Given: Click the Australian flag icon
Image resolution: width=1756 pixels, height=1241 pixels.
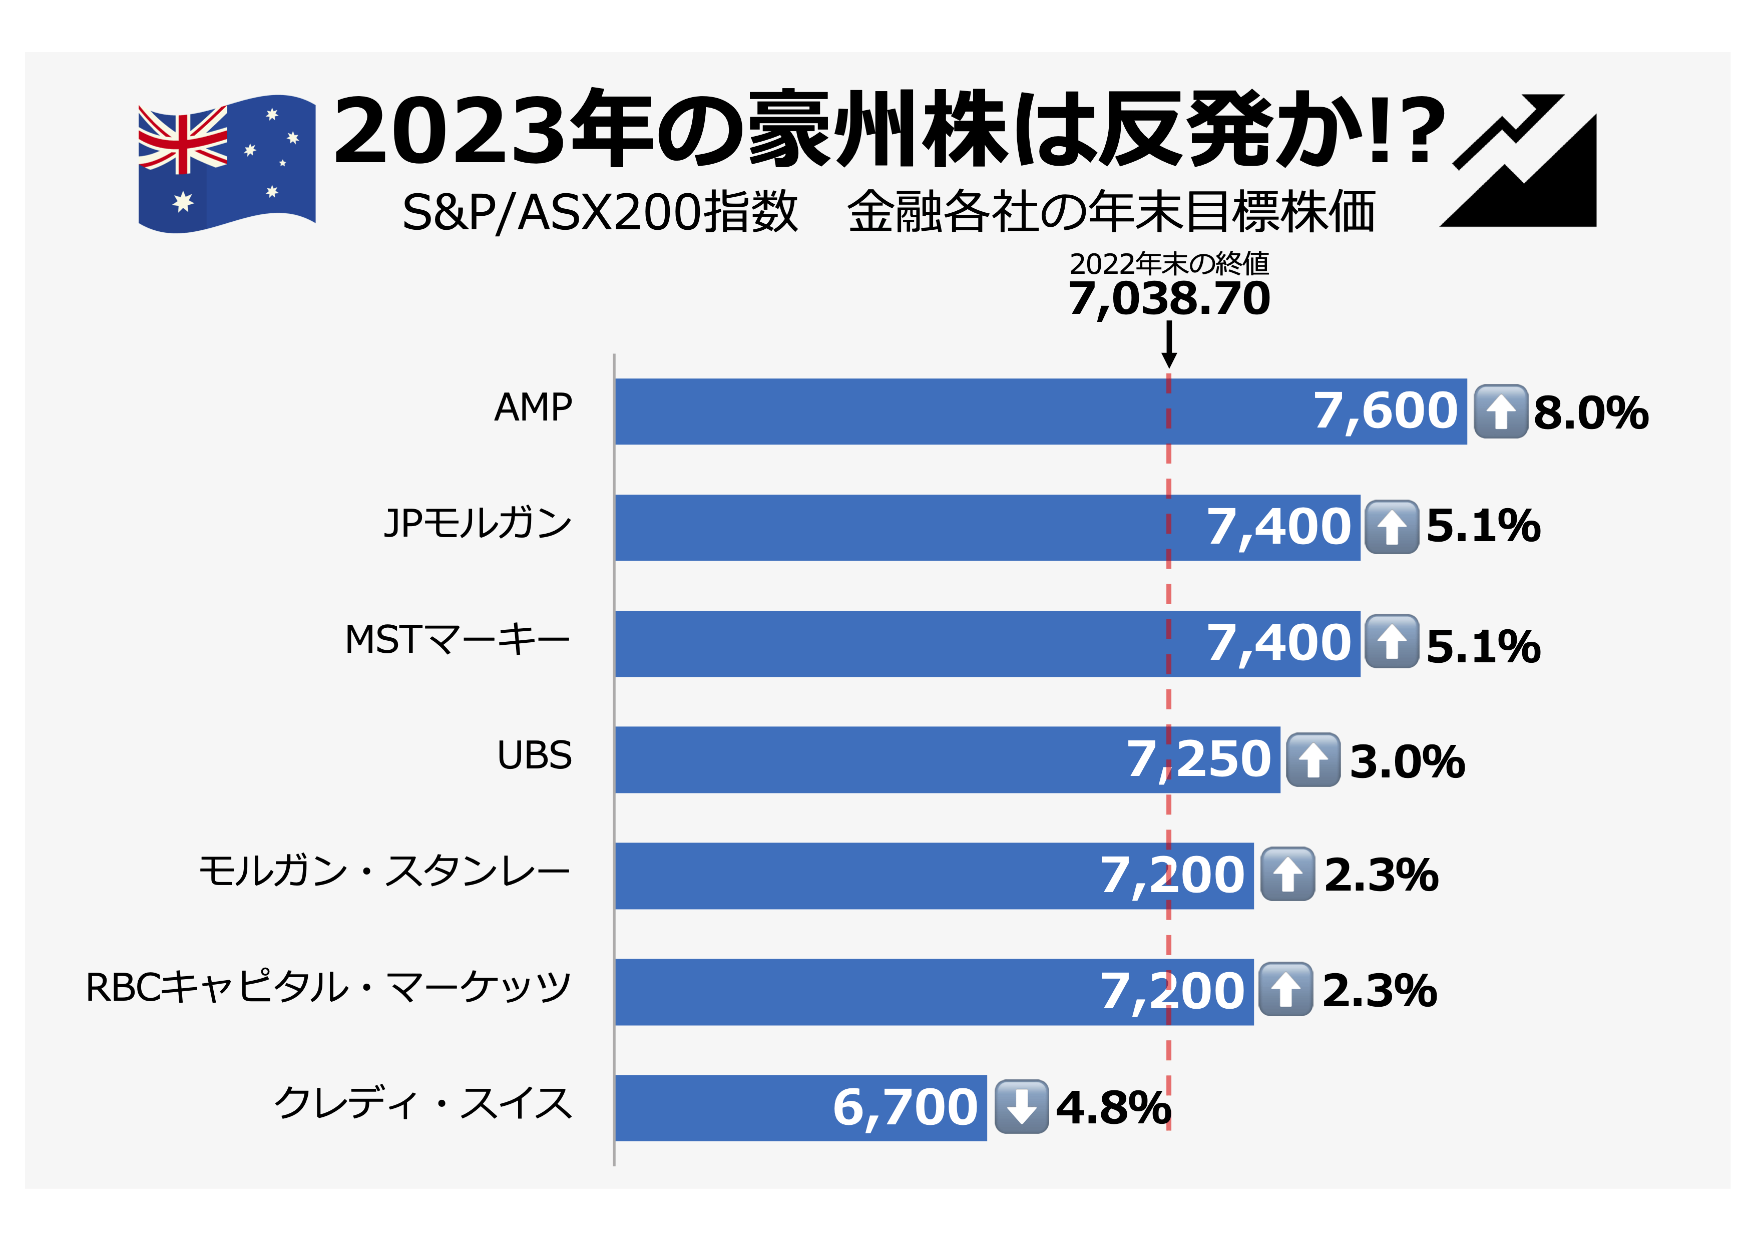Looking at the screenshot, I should click(x=226, y=164).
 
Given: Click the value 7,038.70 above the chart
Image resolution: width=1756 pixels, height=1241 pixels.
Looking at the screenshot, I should click(x=1169, y=299).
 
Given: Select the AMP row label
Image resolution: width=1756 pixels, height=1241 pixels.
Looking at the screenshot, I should click(x=533, y=407).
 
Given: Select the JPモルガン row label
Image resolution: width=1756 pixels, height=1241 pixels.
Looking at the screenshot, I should click(x=478, y=524).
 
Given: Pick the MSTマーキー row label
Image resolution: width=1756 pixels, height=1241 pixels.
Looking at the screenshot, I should click(x=458, y=640).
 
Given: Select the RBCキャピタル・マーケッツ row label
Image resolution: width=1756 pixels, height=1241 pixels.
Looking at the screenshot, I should click(x=328, y=988).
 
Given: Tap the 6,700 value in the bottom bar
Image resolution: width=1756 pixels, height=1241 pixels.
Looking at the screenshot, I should click(x=905, y=1107).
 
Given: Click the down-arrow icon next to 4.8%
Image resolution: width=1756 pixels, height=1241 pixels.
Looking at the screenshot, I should click(x=1021, y=1106).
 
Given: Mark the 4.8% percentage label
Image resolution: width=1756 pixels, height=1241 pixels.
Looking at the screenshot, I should click(x=1113, y=1108).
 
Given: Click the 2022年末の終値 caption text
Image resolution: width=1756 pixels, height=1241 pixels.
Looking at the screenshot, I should click(x=1169, y=264).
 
